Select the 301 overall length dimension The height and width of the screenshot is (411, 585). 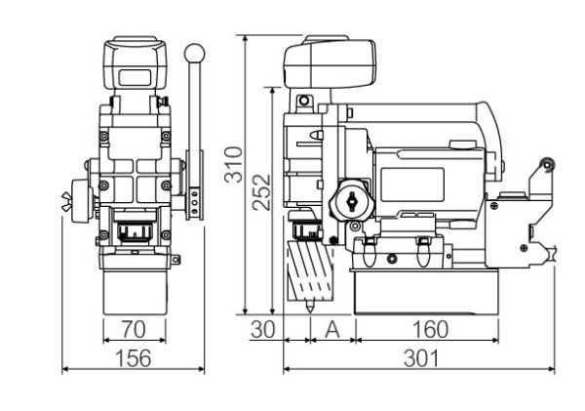(419, 357)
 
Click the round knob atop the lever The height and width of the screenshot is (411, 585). (196, 51)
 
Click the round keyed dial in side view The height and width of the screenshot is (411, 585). (350, 201)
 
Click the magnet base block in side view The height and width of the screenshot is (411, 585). (426, 294)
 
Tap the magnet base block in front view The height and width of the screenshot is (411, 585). (137, 290)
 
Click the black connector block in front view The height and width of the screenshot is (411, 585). (136, 234)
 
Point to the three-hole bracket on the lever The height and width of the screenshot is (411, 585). (197, 204)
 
